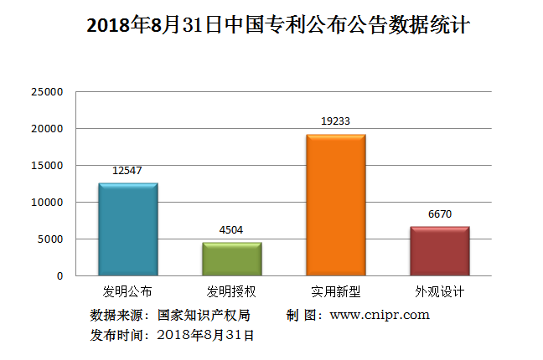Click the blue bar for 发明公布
coord(127,229)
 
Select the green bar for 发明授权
coord(231,259)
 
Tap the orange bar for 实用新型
coord(335,205)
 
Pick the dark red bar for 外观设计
coord(439,251)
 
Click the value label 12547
coord(127,171)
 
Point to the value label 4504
coord(231,229)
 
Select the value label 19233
coord(335,121)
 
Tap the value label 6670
coord(439,213)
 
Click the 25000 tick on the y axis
coord(47,92)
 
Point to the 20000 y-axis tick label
coord(47,129)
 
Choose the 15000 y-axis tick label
coord(47,166)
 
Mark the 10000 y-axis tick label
coord(47,203)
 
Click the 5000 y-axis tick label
coord(50,239)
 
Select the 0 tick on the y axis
coord(59,276)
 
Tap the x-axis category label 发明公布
coord(127,292)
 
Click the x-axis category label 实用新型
coord(335,292)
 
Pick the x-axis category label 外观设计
coord(439,292)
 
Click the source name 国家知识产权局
coord(204,316)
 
